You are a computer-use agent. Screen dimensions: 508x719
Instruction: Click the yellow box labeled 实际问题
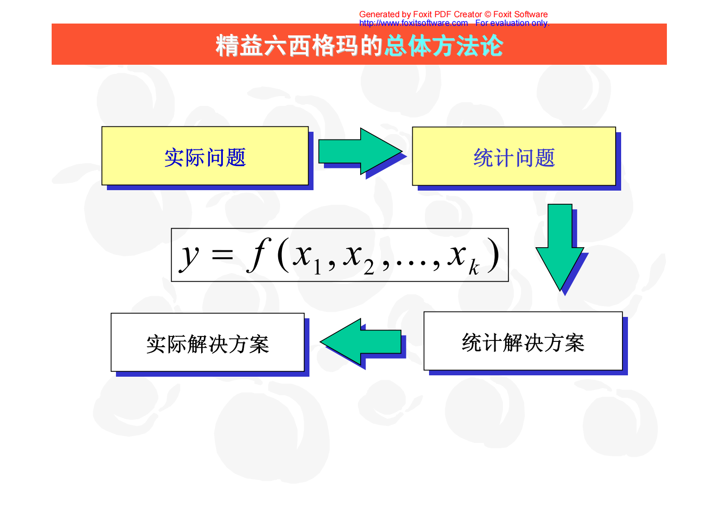point(205,156)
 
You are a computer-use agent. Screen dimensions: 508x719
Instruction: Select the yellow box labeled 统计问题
point(514,157)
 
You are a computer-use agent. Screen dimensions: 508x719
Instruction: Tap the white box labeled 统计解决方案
point(523,341)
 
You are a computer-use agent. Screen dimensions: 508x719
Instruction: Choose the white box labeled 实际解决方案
point(207,343)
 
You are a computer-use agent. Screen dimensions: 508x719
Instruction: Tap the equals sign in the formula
point(222,255)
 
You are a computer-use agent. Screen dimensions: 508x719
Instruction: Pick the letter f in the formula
point(259,254)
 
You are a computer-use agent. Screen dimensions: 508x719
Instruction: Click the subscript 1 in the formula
point(317,268)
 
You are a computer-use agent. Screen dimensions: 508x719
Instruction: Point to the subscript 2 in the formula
point(369,268)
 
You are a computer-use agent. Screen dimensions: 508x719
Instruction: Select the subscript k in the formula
point(473,268)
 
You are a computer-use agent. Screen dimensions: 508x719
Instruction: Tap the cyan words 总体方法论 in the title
point(444,45)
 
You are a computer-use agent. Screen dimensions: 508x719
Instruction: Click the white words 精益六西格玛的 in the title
point(299,45)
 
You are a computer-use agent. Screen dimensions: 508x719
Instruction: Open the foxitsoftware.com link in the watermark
point(413,23)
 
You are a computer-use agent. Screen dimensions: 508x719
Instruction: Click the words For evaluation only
point(512,23)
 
